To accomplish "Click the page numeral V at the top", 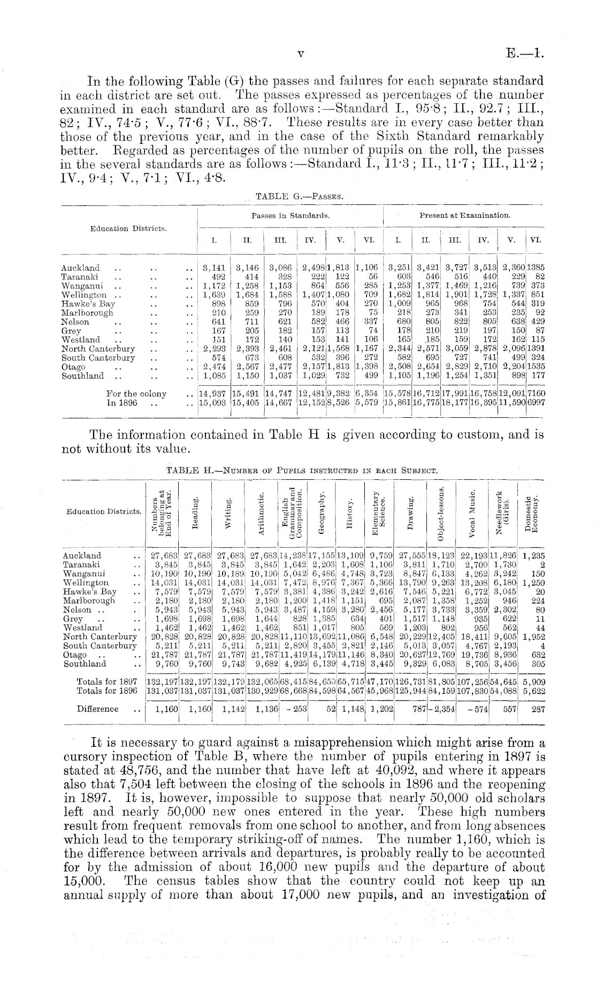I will [301, 53].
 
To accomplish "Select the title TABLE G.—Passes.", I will [300, 196].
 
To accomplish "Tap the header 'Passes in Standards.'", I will [291, 216].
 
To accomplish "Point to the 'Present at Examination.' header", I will [464, 216].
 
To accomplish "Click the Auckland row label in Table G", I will [80, 267].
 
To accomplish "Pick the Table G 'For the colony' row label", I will [136, 394].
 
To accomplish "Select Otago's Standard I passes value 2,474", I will [213, 367].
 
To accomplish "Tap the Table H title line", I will [303, 471].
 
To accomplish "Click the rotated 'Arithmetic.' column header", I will [261, 512].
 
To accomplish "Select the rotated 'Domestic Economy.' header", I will [531, 512].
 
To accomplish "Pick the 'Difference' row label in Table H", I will [97, 709].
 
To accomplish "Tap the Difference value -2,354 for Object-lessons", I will [440, 709].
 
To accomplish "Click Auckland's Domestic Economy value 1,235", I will [533, 556].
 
